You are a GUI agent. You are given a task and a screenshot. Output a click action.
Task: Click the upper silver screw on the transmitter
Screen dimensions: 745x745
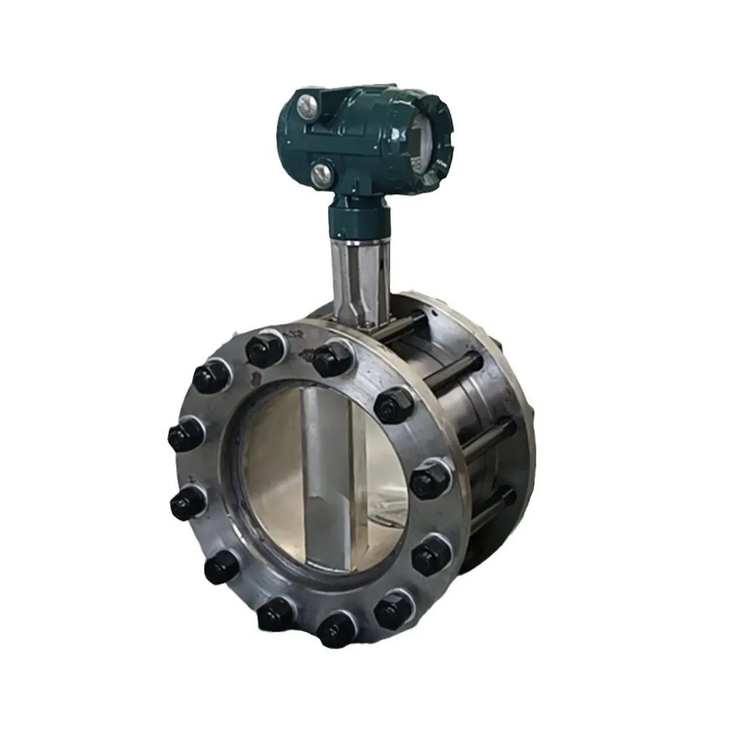pos(307,107)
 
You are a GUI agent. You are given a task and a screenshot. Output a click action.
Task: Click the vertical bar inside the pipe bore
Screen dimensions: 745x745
pos(325,476)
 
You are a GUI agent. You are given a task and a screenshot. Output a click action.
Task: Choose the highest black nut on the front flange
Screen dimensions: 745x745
pos(264,350)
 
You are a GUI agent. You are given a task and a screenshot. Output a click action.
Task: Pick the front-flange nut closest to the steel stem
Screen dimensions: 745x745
pos(332,358)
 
